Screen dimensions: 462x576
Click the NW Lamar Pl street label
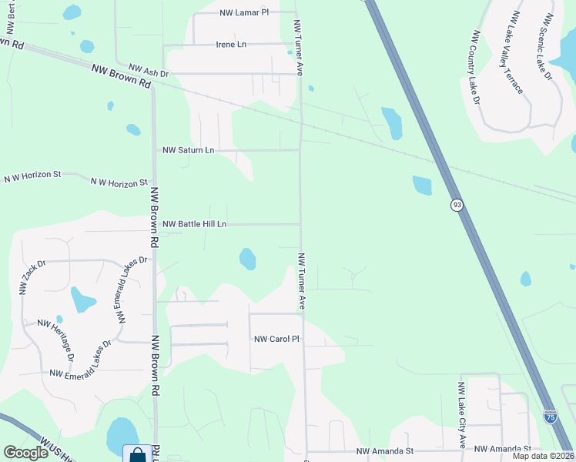point(244,13)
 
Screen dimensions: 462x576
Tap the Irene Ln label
point(231,45)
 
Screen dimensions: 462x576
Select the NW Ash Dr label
point(149,69)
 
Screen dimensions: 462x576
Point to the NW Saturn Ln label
point(188,150)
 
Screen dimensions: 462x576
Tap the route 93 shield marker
point(457,205)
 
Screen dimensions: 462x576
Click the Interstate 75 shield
point(551,417)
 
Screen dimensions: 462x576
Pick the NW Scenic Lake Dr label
point(548,46)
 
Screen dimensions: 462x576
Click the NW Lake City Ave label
point(462,416)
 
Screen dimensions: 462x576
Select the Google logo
point(25,453)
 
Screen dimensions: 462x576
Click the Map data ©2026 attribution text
point(542,456)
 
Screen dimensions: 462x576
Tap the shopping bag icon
point(137,454)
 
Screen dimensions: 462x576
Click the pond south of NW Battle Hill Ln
point(247,259)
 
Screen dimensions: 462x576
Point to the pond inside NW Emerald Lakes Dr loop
point(81,298)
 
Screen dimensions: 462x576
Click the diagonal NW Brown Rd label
point(121,75)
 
